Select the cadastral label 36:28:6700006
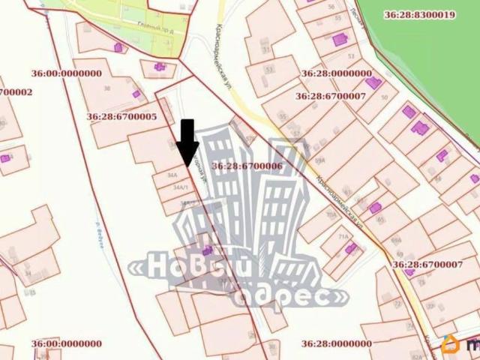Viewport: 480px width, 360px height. [x=247, y=166]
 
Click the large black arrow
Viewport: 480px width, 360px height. [x=187, y=142]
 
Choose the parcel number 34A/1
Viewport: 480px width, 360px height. [x=180, y=187]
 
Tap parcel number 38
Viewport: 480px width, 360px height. [x=107, y=88]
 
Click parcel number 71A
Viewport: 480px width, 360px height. [x=344, y=236]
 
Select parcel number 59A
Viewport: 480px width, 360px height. [x=320, y=160]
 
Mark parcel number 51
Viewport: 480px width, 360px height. [x=266, y=49]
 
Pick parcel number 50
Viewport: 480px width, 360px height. [x=385, y=97]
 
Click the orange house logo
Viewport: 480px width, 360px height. [x=451, y=345]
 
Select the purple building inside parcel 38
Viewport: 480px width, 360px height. [x=136, y=94]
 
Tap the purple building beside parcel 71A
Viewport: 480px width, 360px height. [x=351, y=248]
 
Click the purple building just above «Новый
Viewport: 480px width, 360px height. [x=206, y=250]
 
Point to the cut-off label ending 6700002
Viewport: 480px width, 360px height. [x=16, y=92]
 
